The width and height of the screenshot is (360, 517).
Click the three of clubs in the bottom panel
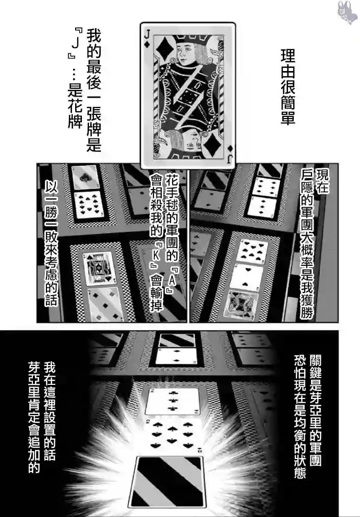[x=172, y=401]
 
